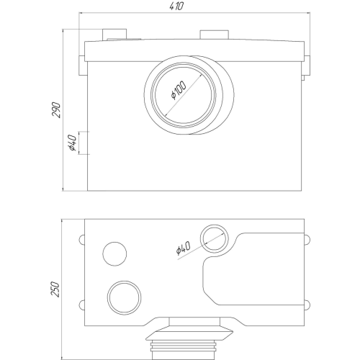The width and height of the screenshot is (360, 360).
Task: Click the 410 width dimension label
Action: tap(176, 6)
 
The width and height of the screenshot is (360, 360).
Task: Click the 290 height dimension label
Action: tap(56, 110)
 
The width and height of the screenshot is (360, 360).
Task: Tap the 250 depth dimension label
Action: tap(55, 289)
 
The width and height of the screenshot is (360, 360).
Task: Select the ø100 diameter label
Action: tap(179, 91)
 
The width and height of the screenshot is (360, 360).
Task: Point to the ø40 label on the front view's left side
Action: tap(72, 143)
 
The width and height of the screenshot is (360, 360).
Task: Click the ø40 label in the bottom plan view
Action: tap(183, 248)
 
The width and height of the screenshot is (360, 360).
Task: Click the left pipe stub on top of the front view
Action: tap(114, 35)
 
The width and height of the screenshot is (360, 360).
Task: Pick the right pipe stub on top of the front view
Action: tap(215, 35)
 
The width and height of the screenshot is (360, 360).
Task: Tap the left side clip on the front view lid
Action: tap(81, 66)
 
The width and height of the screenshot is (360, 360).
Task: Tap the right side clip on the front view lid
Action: tap(307, 66)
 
